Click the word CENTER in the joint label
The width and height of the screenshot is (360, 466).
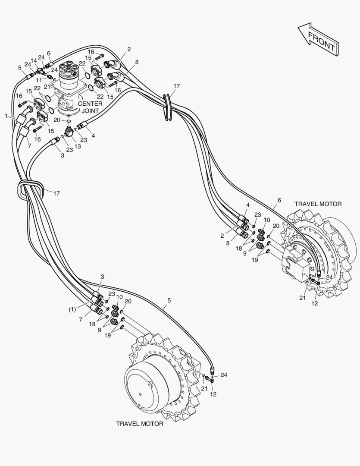pyautogui.click(x=90, y=104)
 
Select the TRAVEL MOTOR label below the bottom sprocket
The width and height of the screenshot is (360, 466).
pyautogui.click(x=140, y=424)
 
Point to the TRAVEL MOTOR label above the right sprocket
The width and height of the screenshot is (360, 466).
pyautogui.click(x=318, y=204)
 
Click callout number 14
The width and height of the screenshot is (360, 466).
pyautogui.click(x=34, y=60)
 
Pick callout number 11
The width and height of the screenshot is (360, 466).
pyautogui.click(x=39, y=80)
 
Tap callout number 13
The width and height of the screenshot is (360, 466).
pyautogui.click(x=78, y=146)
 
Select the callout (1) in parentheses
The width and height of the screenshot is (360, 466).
pyautogui.click(x=72, y=309)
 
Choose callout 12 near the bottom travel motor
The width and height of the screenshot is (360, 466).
pyautogui.click(x=213, y=394)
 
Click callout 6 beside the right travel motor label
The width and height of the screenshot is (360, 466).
pyautogui.click(x=279, y=200)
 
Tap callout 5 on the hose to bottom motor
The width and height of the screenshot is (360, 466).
pyautogui.click(x=169, y=300)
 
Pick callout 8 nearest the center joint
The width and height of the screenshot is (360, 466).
pyautogui.click(x=137, y=62)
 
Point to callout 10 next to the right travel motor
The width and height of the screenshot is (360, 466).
pyautogui.click(x=267, y=220)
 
